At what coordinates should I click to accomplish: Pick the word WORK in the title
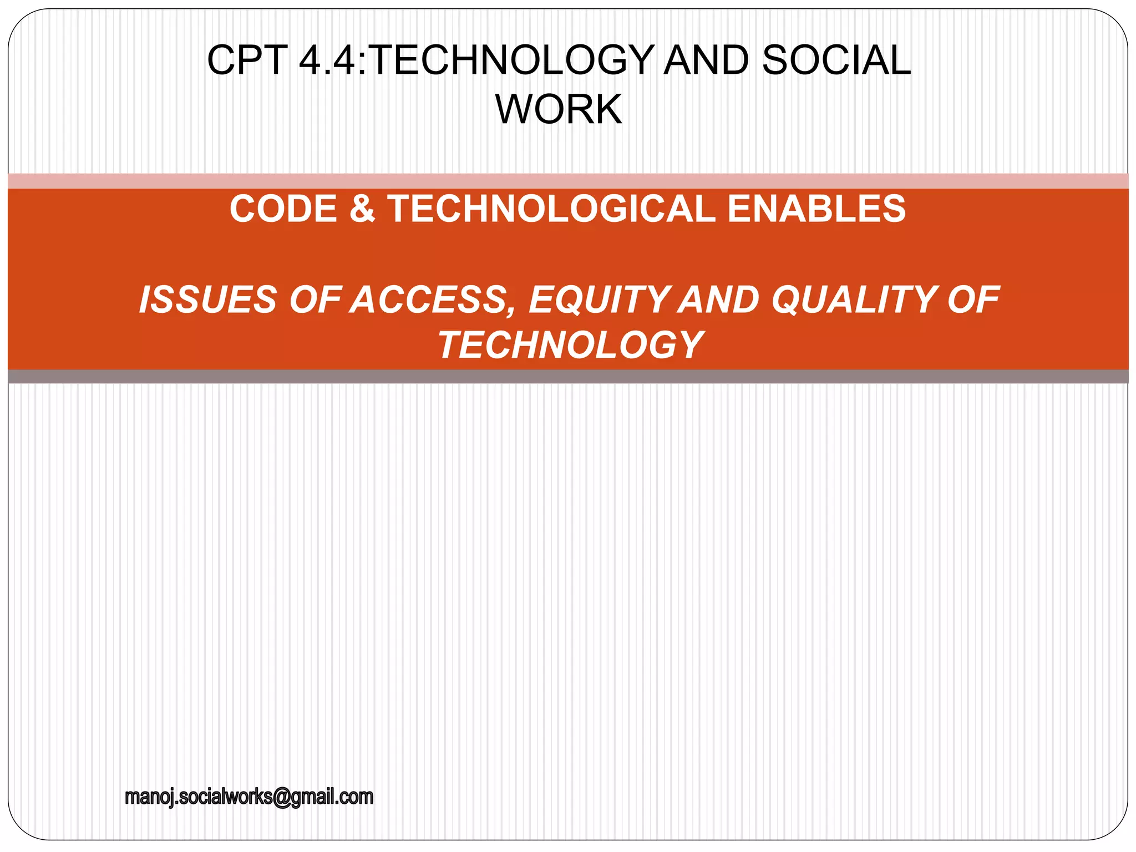[x=559, y=109]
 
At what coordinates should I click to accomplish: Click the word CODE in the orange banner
[x=283, y=209]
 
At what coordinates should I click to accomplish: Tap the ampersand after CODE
[x=362, y=209]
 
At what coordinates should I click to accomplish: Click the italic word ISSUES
[x=208, y=300]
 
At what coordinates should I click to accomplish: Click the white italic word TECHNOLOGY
[x=571, y=345]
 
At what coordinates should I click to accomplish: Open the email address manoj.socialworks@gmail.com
[x=249, y=797]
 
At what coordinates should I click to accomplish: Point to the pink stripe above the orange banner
[x=568, y=181]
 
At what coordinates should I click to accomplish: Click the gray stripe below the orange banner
[x=568, y=377]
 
